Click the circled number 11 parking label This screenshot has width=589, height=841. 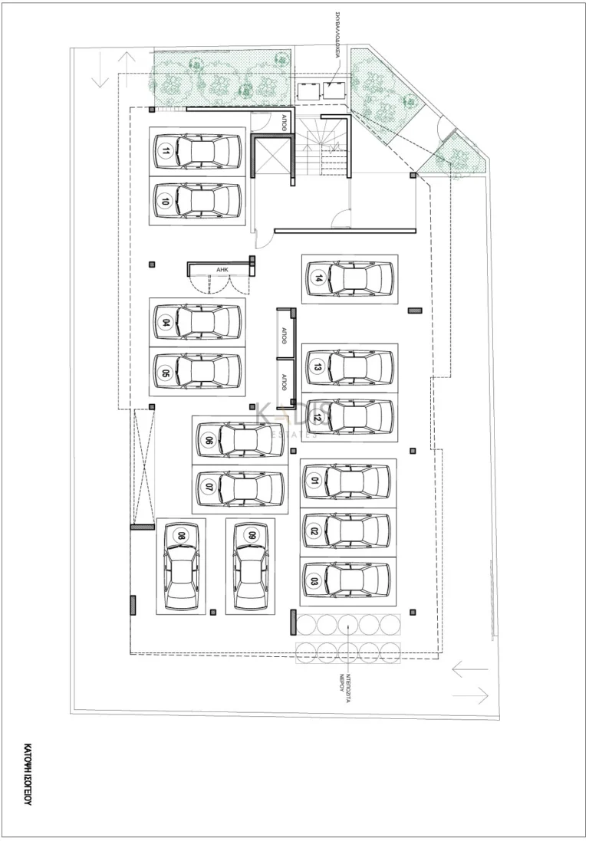[166, 152]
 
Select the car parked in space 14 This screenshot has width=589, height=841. [351, 278]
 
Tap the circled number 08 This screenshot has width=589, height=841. [181, 536]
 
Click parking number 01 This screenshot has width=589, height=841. [314, 481]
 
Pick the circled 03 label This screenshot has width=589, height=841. [314, 580]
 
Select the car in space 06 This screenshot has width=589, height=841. [239, 440]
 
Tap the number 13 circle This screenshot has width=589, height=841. [317, 366]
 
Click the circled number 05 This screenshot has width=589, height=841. [166, 373]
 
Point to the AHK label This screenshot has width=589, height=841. [222, 270]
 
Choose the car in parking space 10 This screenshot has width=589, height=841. [198, 202]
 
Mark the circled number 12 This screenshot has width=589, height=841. [317, 418]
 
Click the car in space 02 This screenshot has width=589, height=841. [349, 531]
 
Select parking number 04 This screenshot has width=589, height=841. [166, 322]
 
